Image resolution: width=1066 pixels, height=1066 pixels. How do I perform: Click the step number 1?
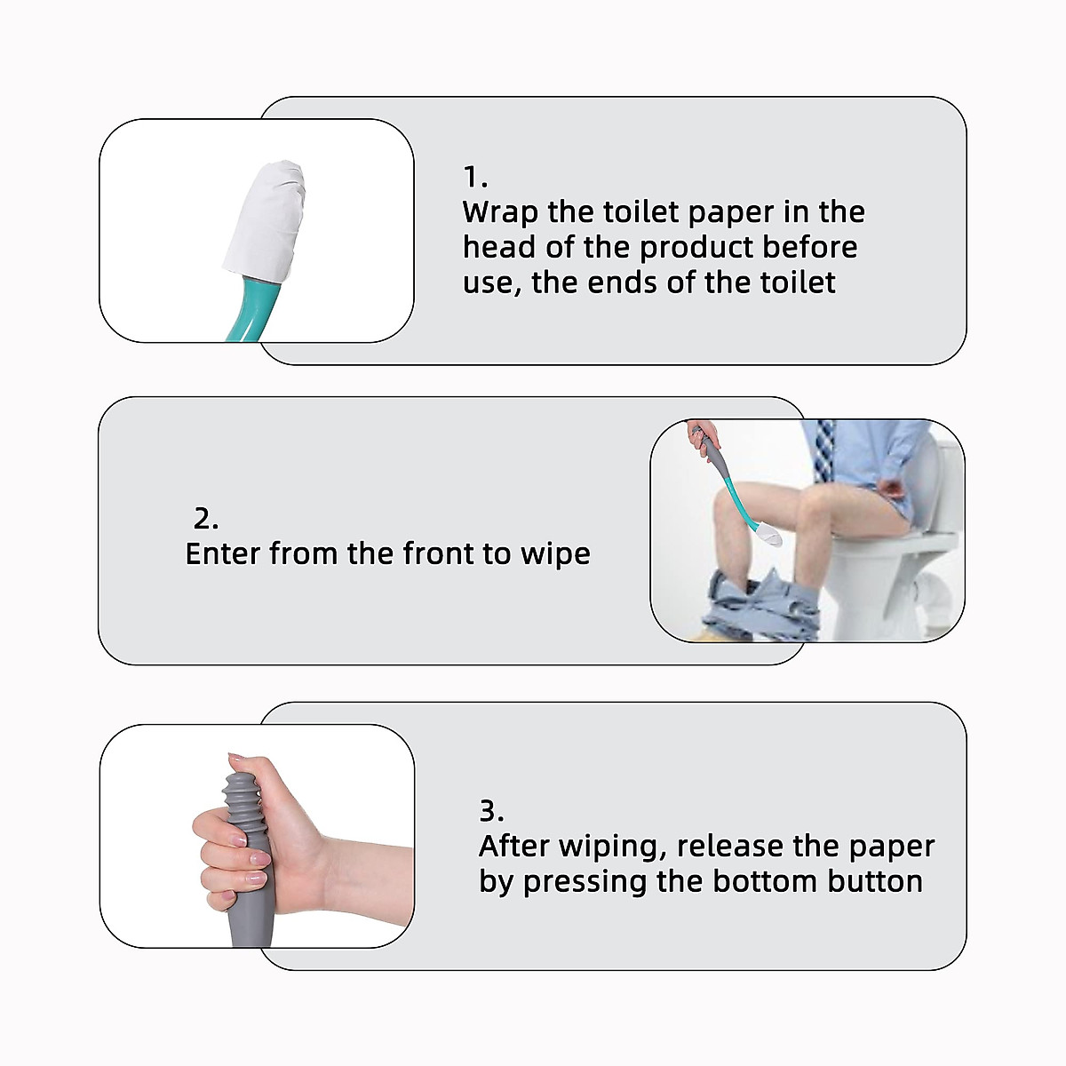click(475, 178)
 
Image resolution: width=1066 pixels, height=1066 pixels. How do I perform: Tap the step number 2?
click(205, 519)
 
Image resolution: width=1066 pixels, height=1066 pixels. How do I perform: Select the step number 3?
click(491, 810)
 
